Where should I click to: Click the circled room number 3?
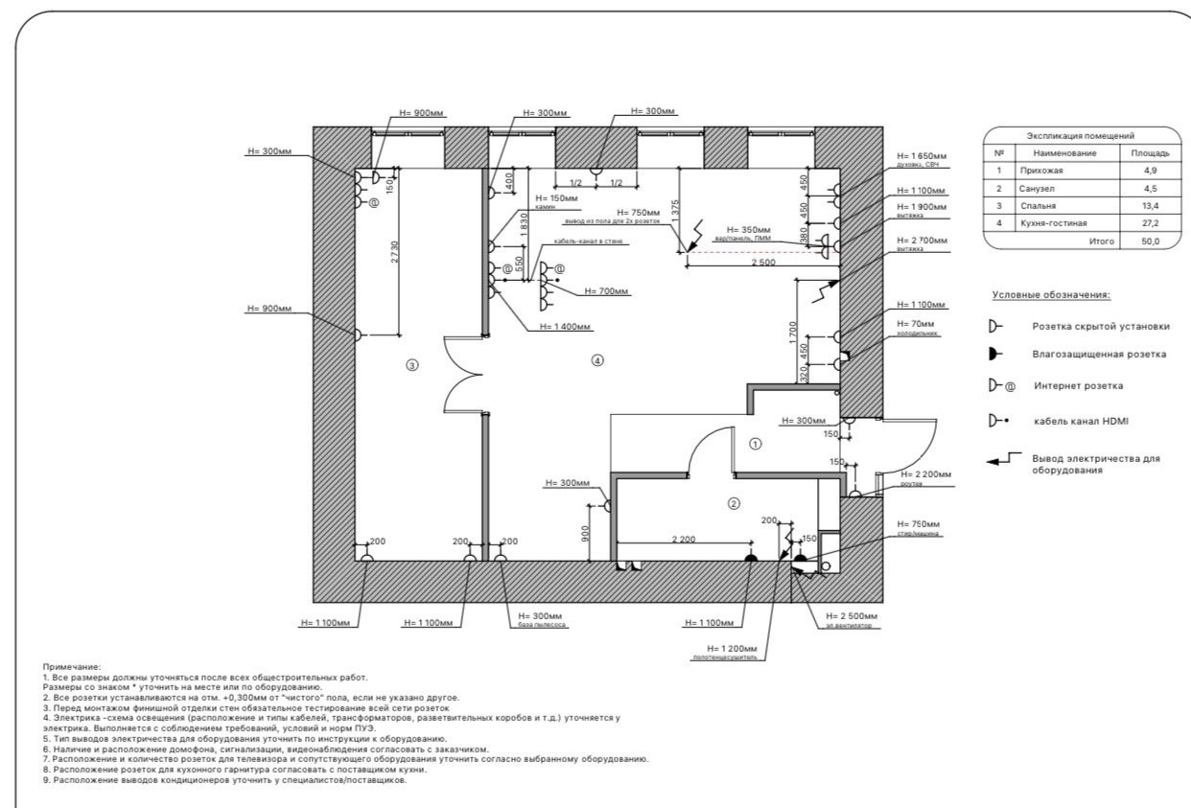coord(412,364)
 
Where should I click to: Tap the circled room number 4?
coord(597,360)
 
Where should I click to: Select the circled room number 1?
coord(755,444)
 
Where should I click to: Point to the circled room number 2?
coord(735,503)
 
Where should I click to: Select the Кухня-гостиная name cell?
coord(1055,223)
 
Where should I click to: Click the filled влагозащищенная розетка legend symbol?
coord(995,354)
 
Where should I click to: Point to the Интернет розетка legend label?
coord(1080,386)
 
